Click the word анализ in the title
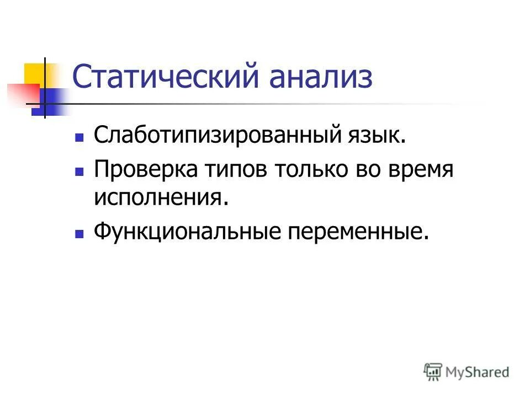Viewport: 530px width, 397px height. pos(321,78)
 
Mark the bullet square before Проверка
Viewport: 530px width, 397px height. pos(79,171)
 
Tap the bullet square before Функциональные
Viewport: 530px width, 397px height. pos(79,233)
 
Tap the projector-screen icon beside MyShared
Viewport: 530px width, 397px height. pos(433,372)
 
